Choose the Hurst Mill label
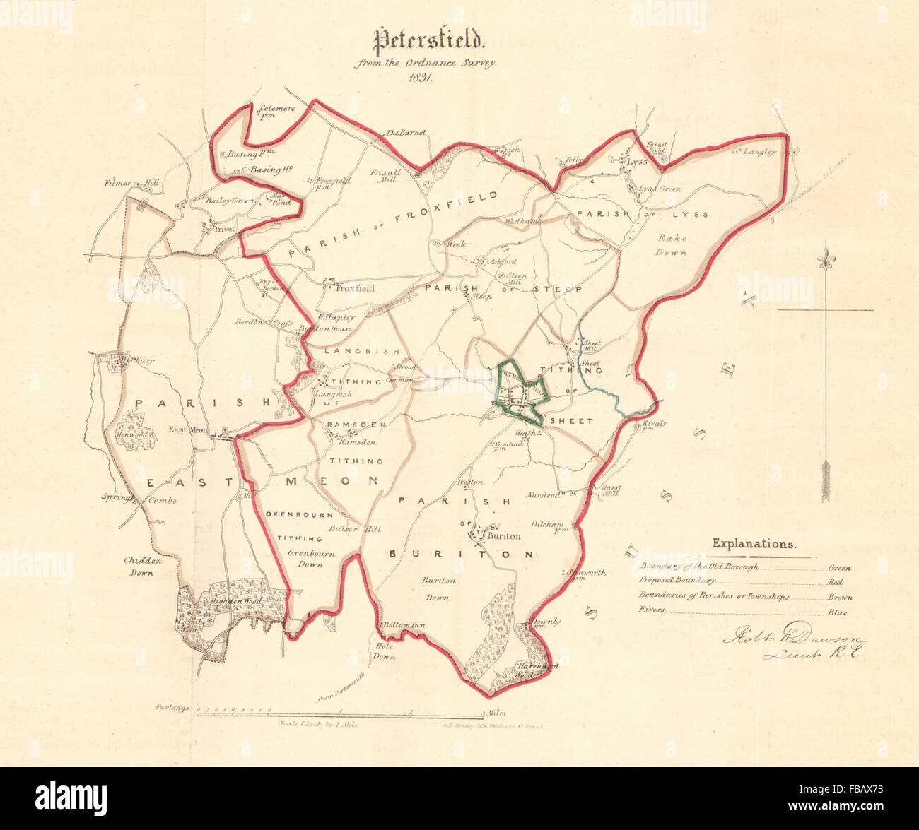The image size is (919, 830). [x=611, y=492]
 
